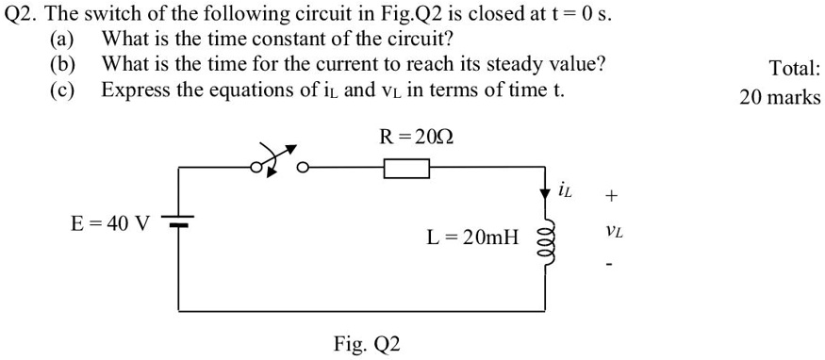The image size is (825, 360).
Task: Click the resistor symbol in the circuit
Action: (x=406, y=169)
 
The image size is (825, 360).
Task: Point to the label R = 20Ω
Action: (x=416, y=138)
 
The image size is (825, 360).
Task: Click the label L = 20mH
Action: (x=472, y=237)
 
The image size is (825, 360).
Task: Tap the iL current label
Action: (x=566, y=191)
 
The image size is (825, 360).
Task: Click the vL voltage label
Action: (x=614, y=230)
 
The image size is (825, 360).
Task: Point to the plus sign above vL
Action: (x=612, y=196)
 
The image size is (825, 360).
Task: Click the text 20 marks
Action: (x=780, y=97)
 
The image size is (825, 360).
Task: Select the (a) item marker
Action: (x=61, y=40)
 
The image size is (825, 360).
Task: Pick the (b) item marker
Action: (x=61, y=65)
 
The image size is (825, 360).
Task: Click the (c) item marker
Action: (x=61, y=90)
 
